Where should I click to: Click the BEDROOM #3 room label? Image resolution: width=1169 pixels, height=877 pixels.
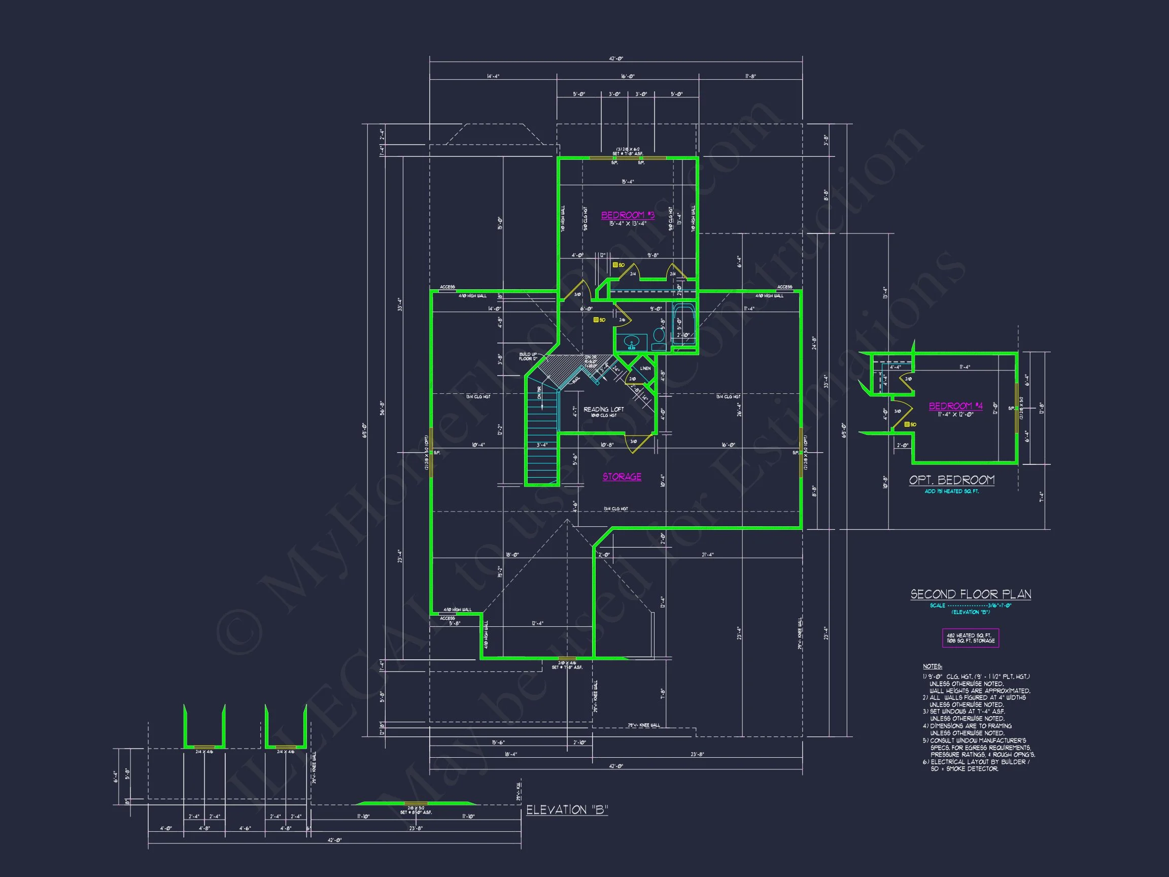tap(627, 215)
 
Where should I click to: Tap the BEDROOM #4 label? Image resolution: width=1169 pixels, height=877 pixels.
tap(955, 406)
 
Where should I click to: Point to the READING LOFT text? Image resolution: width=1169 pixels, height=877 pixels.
tap(603, 409)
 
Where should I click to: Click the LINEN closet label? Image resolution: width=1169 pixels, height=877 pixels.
tap(645, 368)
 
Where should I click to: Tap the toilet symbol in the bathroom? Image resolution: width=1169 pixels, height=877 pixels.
tap(659, 339)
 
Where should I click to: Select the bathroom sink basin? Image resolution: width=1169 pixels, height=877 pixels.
tap(631, 343)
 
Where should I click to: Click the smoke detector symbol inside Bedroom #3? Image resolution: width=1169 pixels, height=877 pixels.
tap(615, 265)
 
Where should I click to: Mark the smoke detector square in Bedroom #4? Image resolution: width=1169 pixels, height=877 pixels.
tap(907, 424)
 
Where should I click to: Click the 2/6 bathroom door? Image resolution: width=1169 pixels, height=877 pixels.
tap(622, 320)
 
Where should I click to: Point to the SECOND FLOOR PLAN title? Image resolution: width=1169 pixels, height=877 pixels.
tap(970, 594)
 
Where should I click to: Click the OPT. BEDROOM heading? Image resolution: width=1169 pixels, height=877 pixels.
tap(951, 480)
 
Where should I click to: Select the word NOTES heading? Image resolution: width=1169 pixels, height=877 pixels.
tap(932, 666)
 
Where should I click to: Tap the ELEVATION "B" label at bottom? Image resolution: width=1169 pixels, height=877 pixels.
tap(567, 810)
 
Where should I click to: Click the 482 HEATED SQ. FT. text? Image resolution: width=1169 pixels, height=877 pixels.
tap(970, 635)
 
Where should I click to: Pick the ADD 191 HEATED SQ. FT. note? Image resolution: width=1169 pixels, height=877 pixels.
tap(951, 492)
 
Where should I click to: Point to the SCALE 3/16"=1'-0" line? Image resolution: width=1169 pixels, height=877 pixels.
tap(970, 606)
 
